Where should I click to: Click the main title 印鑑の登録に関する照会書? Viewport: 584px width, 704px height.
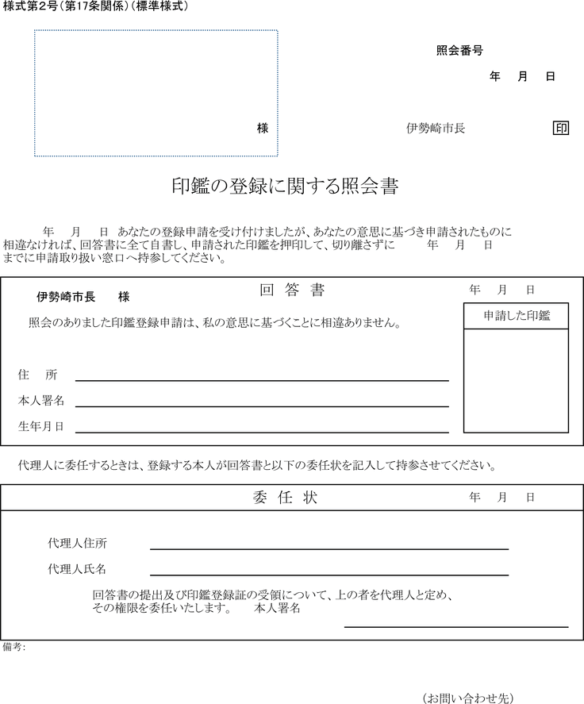(284, 187)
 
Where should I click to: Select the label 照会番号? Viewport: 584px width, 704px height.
(459, 51)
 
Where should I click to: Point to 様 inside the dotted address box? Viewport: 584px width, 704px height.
(263, 128)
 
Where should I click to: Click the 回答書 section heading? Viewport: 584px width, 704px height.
(292, 290)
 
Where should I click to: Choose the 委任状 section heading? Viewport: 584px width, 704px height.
(286, 498)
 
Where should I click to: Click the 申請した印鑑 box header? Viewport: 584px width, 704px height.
(516, 316)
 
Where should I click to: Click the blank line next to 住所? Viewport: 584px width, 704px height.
(262, 379)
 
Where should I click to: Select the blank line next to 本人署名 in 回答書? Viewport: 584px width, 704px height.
(262, 406)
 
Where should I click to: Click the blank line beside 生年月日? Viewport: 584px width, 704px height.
(262, 431)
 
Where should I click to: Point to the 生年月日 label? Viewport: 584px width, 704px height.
(40, 426)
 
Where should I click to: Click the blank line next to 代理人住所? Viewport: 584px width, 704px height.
(328, 548)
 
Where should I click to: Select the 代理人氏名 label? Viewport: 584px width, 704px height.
(77, 569)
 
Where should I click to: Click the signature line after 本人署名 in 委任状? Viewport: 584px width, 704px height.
(455, 625)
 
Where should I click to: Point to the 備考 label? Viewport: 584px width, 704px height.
(13, 648)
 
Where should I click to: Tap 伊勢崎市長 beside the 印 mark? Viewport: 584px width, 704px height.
(436, 128)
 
